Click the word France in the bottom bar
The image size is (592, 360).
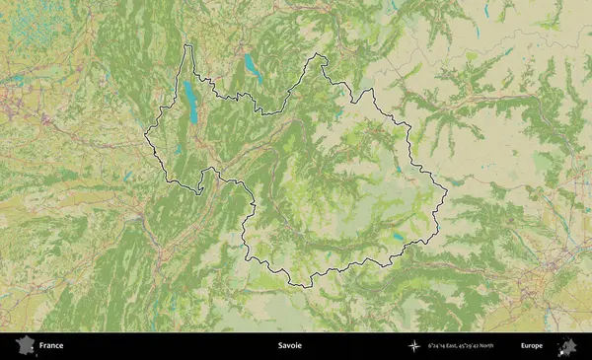tap(50, 346)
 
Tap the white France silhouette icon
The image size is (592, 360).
tap(22, 346)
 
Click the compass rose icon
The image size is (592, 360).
tap(414, 346)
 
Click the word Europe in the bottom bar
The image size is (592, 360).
tap(532, 346)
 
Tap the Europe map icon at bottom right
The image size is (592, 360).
tap(567, 346)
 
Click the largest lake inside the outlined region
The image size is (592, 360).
tap(188, 101)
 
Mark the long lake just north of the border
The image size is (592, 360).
tap(252, 69)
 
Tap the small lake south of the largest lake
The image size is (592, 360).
tap(178, 151)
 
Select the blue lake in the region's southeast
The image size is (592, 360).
tap(397, 237)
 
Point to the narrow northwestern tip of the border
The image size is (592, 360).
tap(189, 45)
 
